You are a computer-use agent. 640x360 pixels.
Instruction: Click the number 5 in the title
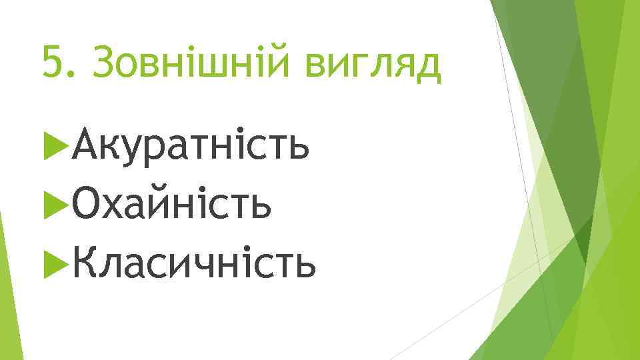click(x=51, y=63)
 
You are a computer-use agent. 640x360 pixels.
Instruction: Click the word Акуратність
click(x=191, y=146)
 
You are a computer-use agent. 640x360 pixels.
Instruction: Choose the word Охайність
click(x=173, y=205)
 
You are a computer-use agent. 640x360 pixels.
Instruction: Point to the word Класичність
click(x=194, y=264)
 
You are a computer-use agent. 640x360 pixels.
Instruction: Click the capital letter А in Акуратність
click(x=87, y=145)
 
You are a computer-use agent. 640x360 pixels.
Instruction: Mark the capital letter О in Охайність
click(x=89, y=205)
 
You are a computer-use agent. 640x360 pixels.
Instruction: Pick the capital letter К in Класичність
click(x=87, y=264)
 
